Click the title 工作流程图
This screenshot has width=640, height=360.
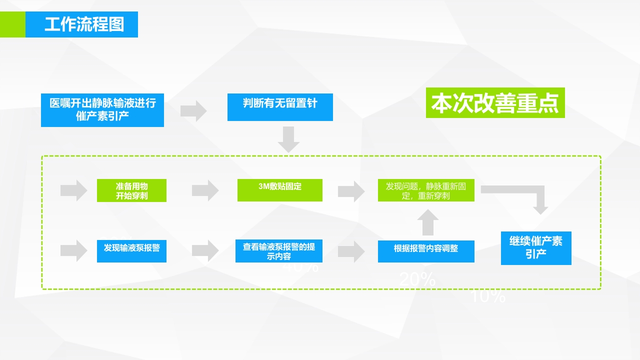pos(84,24)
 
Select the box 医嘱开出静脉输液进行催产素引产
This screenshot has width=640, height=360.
pos(102,110)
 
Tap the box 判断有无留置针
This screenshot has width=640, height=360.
pos(280,107)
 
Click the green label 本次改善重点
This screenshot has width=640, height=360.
pos(495,103)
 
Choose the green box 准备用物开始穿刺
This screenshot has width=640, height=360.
pos(131,190)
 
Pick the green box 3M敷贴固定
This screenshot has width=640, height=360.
pos(279,190)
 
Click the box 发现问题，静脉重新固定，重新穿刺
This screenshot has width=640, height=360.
pos(426,190)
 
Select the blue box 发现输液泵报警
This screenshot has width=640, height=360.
pos(131,251)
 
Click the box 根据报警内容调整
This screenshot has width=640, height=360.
pos(426,251)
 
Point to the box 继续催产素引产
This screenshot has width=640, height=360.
pos(536,248)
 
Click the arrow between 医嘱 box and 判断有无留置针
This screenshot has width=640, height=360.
pos(193,111)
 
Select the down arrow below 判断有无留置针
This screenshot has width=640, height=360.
pos(288,139)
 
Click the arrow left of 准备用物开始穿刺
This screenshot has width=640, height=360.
pos(74,190)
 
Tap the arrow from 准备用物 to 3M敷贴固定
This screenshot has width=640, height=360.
pos(205,190)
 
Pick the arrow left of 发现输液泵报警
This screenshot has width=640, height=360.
pos(74,251)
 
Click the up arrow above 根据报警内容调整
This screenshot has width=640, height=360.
pos(427,222)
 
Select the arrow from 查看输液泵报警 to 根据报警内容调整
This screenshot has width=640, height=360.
pos(351,251)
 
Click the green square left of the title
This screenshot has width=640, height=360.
pos(12,24)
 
